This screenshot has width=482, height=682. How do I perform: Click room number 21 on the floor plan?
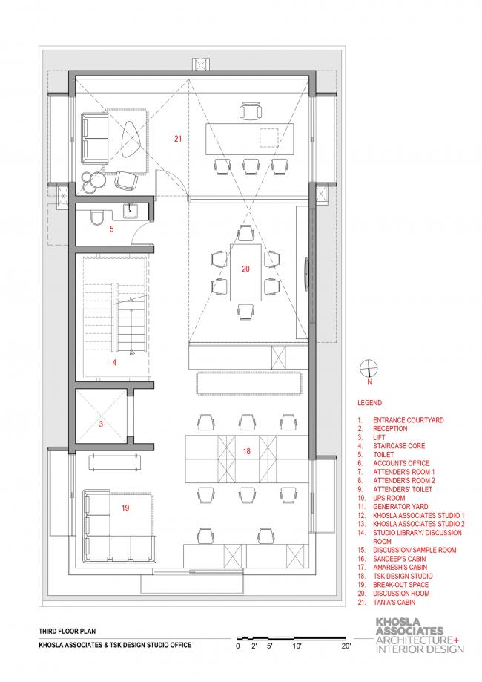point(178,139)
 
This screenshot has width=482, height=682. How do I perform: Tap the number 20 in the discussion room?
point(245,269)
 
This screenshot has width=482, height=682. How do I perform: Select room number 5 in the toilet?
point(112,229)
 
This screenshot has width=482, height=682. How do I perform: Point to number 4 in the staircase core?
point(114,362)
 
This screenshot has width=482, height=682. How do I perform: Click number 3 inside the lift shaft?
point(101,424)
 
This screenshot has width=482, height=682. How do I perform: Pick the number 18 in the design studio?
point(246,451)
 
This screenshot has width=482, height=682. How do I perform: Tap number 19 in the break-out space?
point(125,508)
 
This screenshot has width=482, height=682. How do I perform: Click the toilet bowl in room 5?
point(96,218)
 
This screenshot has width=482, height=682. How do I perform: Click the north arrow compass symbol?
point(369,369)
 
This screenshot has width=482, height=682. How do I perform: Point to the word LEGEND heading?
point(369,403)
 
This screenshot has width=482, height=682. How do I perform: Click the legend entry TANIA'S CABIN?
point(394,603)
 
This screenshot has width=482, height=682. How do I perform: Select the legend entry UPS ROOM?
point(389,498)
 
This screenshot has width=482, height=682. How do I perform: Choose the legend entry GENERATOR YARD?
point(400,507)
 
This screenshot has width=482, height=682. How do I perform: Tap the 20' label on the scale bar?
point(346,646)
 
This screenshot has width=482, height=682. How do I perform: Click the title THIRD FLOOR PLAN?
point(67,631)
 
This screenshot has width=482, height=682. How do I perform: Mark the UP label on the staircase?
point(132,354)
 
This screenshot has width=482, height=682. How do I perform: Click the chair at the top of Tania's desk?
point(251,110)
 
